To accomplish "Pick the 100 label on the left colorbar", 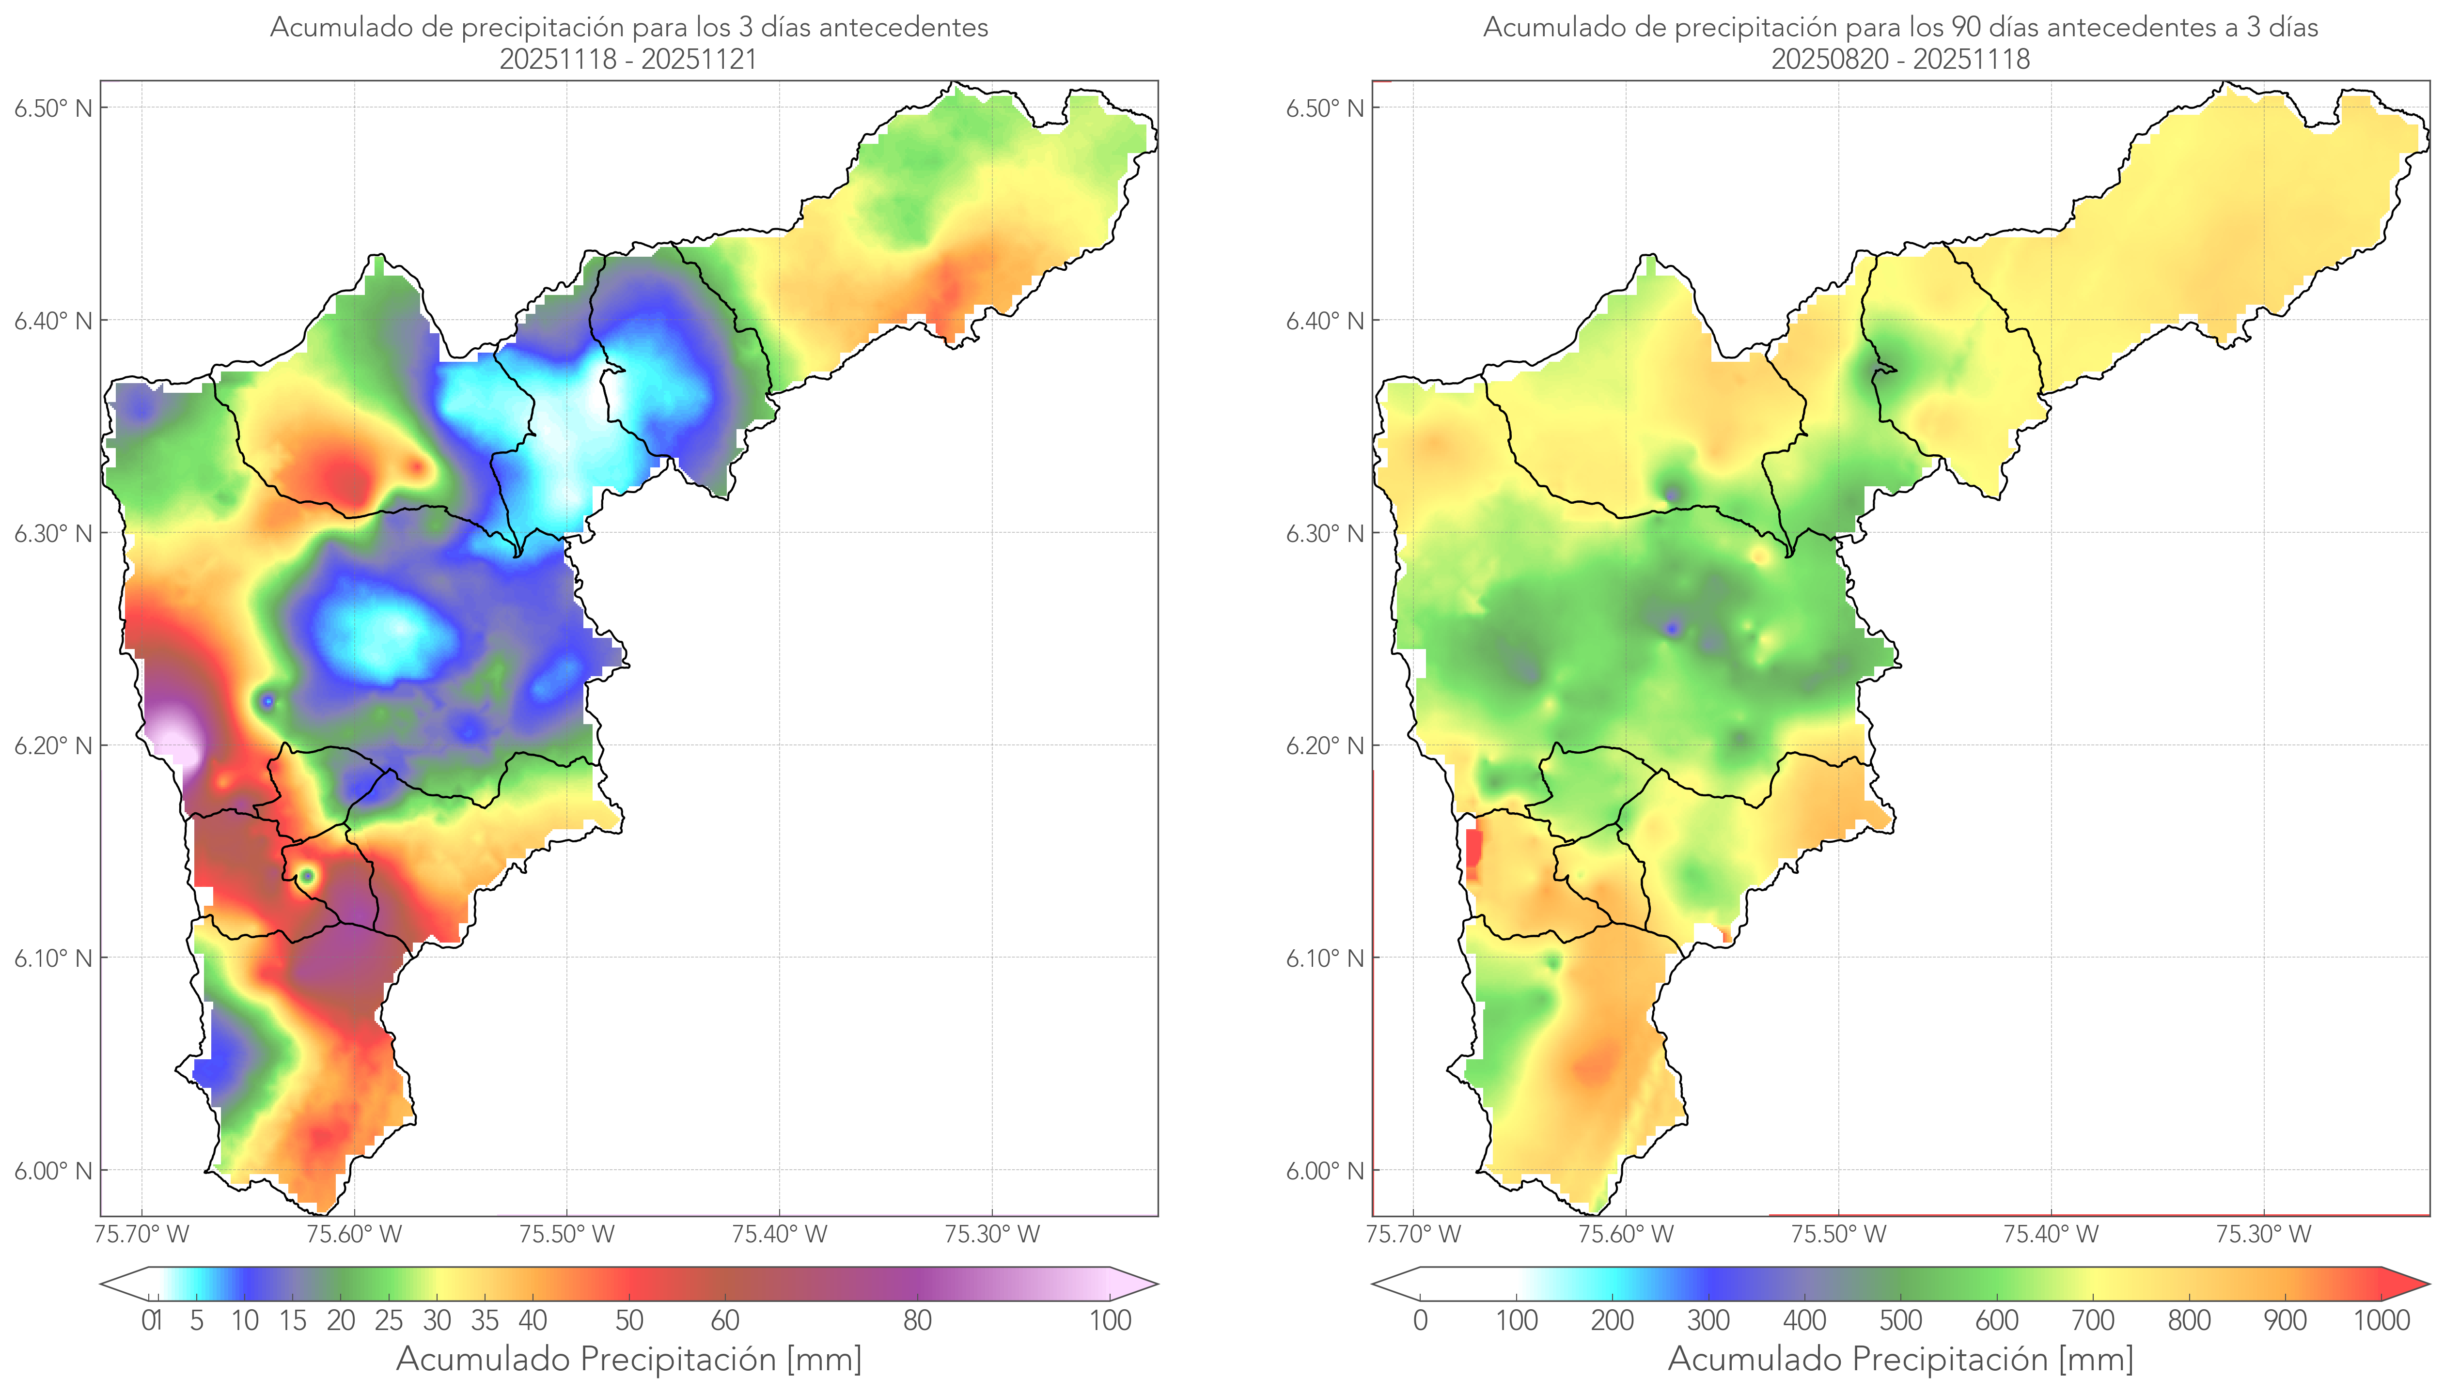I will point(1110,1320).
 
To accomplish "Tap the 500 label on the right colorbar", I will point(1900,1320).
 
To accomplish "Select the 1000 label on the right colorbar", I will point(2381,1320).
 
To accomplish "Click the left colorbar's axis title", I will point(629,1359).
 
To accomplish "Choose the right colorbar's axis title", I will point(1900,1359).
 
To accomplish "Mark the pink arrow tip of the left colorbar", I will point(1145,1284).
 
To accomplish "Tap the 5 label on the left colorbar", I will point(196,1320).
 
